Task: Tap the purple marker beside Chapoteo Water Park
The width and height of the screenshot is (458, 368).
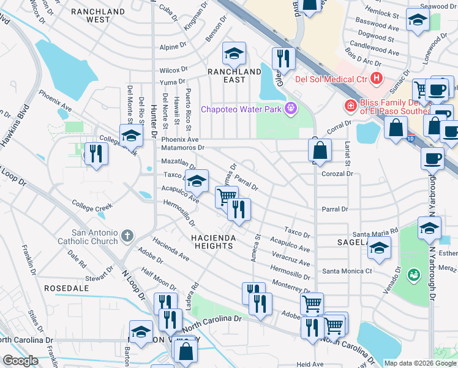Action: click(x=290, y=109)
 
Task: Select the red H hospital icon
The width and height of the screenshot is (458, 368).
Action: click(x=377, y=79)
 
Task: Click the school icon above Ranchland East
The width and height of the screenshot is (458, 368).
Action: click(x=234, y=55)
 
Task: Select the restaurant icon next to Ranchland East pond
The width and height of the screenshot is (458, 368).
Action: click(x=283, y=59)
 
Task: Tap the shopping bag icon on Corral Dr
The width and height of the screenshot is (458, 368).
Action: click(x=320, y=150)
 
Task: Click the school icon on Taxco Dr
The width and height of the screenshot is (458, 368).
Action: click(x=197, y=182)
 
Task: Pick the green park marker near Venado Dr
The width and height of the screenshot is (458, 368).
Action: click(x=414, y=273)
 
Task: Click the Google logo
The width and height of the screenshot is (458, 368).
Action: click(x=20, y=361)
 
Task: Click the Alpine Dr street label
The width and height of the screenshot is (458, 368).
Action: click(x=173, y=47)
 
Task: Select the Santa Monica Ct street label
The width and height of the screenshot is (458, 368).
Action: click(x=347, y=271)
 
